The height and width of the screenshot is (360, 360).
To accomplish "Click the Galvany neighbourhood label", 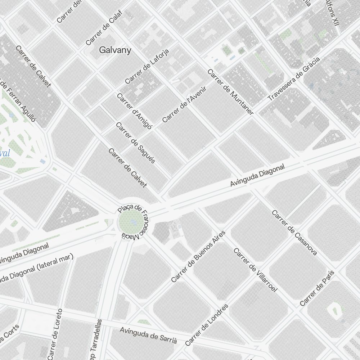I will (115, 50).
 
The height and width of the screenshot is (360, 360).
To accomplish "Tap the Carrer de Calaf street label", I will (104, 28).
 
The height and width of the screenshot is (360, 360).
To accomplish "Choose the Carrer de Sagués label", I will (135, 143).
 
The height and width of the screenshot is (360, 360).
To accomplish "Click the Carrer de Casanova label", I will (294, 233).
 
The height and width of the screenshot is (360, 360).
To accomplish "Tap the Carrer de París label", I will (317, 288).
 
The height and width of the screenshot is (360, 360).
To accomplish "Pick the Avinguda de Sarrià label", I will (148, 335).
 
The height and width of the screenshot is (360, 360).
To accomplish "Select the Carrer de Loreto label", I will (55, 334).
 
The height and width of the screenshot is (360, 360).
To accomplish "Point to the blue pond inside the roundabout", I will (134, 222).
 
